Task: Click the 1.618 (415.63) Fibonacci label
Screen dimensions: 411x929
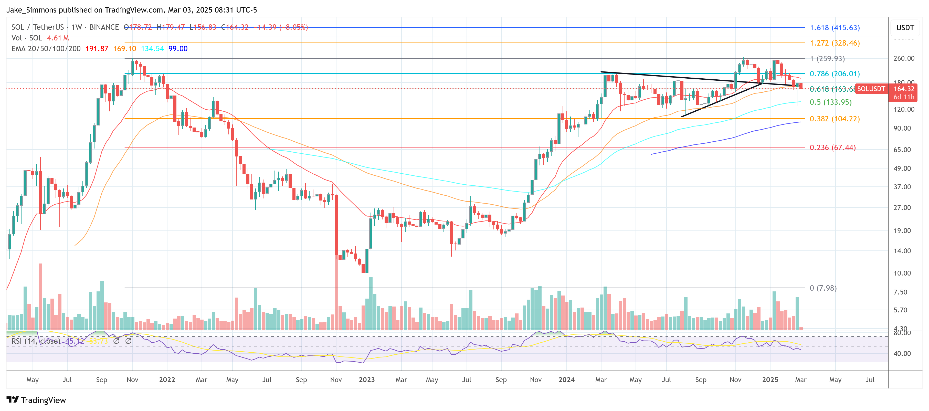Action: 835,28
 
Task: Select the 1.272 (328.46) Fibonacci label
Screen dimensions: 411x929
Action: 835,43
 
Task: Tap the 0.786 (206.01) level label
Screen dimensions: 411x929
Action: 835,74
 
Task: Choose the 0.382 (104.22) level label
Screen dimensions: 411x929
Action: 835,119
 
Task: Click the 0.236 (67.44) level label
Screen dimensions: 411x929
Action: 832,147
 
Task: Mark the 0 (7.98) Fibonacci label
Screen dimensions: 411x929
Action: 823,288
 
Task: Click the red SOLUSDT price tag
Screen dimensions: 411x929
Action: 871,89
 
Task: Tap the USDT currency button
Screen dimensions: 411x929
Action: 905,28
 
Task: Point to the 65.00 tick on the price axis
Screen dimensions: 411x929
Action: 902,150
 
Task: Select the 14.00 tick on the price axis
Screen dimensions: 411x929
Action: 902,251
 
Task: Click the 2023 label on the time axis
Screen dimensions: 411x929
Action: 367,380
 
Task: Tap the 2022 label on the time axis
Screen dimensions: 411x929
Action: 167,380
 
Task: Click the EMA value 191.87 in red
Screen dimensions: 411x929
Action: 97,49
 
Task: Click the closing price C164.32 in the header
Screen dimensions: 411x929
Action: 235,27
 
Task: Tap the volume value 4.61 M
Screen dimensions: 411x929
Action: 58,38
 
